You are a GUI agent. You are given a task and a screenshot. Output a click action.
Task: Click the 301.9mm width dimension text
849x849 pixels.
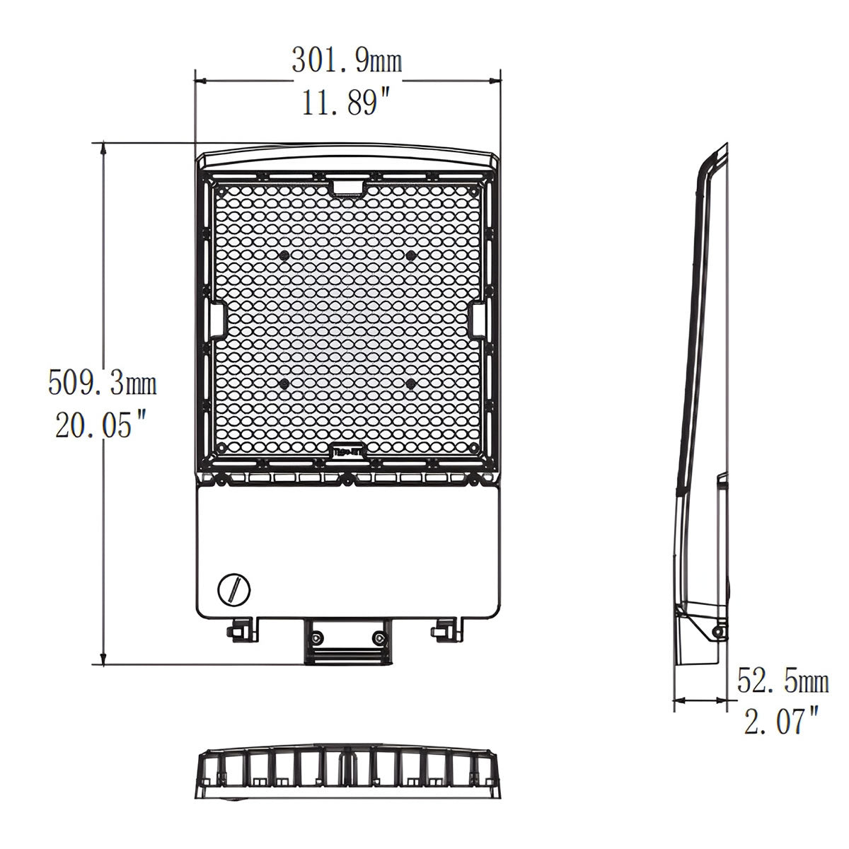[347, 62]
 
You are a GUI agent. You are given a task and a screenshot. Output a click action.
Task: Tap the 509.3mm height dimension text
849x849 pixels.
[102, 384]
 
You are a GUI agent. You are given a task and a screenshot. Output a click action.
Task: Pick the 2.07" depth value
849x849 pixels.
[781, 722]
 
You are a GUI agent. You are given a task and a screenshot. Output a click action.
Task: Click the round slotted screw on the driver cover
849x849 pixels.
[232, 589]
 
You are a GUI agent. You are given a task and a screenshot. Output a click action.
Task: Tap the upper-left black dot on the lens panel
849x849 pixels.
[284, 255]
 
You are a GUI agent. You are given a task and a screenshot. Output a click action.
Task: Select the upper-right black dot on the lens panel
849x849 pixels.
[410, 255]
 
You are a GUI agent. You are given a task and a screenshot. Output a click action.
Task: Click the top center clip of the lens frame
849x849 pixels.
[347, 187]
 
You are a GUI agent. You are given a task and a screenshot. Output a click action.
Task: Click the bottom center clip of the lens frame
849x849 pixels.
[347, 450]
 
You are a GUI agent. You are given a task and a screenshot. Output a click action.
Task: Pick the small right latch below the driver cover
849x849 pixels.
[445, 627]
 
